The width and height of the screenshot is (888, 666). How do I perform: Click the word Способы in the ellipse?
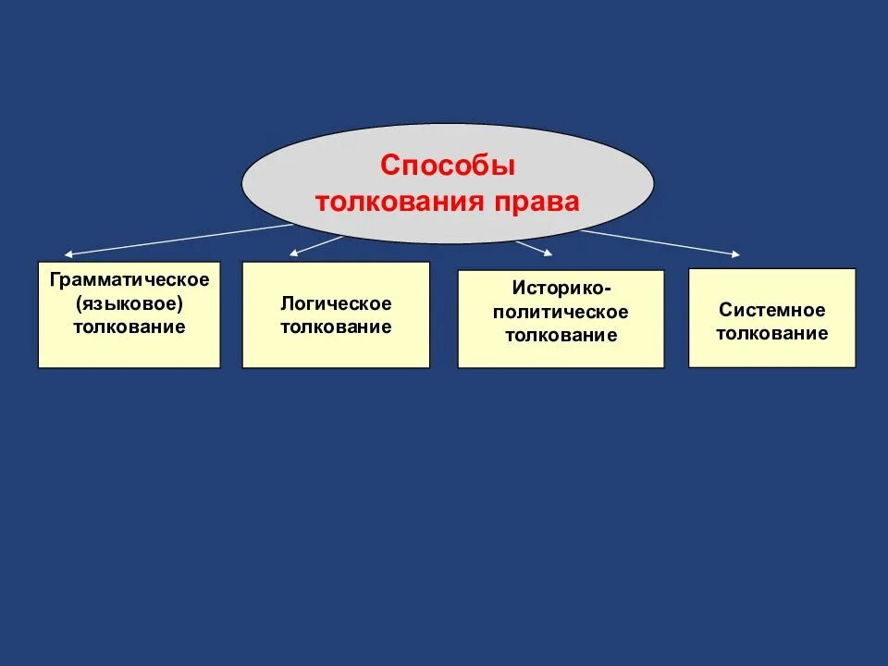448,166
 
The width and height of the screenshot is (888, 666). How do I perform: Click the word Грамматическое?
129,278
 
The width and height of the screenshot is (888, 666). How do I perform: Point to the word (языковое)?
129,302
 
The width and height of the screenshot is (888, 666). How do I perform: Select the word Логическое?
336,303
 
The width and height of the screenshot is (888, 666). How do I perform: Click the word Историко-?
561,289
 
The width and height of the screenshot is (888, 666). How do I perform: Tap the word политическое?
561,312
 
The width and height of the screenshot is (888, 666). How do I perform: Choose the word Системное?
771,310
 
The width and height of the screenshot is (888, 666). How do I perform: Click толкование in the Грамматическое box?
129,327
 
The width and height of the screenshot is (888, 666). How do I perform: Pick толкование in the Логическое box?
336,327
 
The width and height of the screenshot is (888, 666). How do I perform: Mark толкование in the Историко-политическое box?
561,335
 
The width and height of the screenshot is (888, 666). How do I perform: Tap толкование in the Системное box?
771,333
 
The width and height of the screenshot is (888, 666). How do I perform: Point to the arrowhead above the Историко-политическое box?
548,253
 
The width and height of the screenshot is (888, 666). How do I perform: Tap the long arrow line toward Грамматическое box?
176,240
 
